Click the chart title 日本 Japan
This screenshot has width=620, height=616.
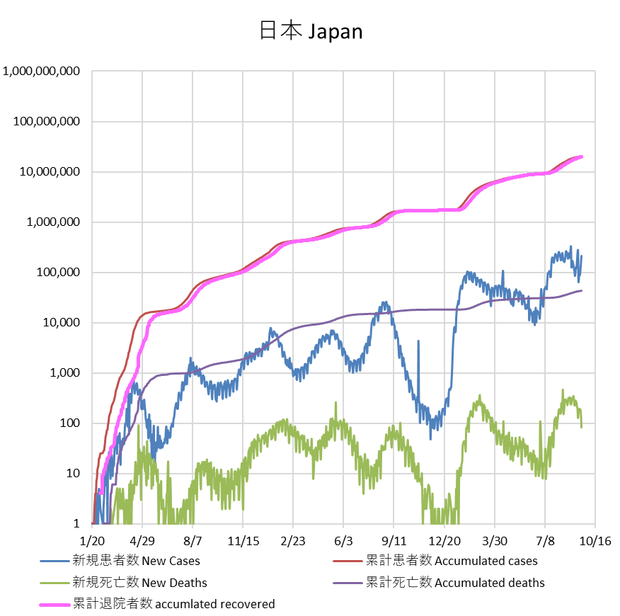click(x=309, y=32)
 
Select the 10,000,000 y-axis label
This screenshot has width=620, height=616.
click(x=50, y=172)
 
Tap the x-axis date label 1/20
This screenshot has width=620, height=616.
click(x=93, y=540)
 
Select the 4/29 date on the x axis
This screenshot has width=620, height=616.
click(x=142, y=540)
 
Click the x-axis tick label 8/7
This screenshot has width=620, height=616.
click(x=193, y=540)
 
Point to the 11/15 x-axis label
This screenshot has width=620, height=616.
click(x=243, y=540)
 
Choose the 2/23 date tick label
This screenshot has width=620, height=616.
click(x=293, y=540)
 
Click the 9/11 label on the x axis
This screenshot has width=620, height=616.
click(x=394, y=540)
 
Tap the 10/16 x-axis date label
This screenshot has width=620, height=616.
click(x=595, y=540)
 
